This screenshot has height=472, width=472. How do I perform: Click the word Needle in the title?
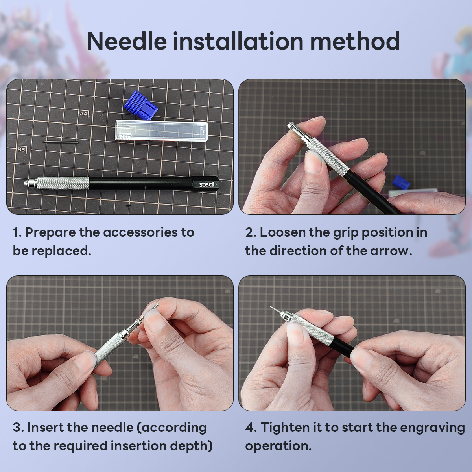[127, 41]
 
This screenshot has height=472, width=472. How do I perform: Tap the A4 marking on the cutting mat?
[84, 113]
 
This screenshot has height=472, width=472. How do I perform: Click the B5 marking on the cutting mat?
[21, 149]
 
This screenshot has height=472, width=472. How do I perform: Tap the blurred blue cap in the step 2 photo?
[401, 183]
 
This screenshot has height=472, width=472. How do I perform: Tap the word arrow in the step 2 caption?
[390, 251]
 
